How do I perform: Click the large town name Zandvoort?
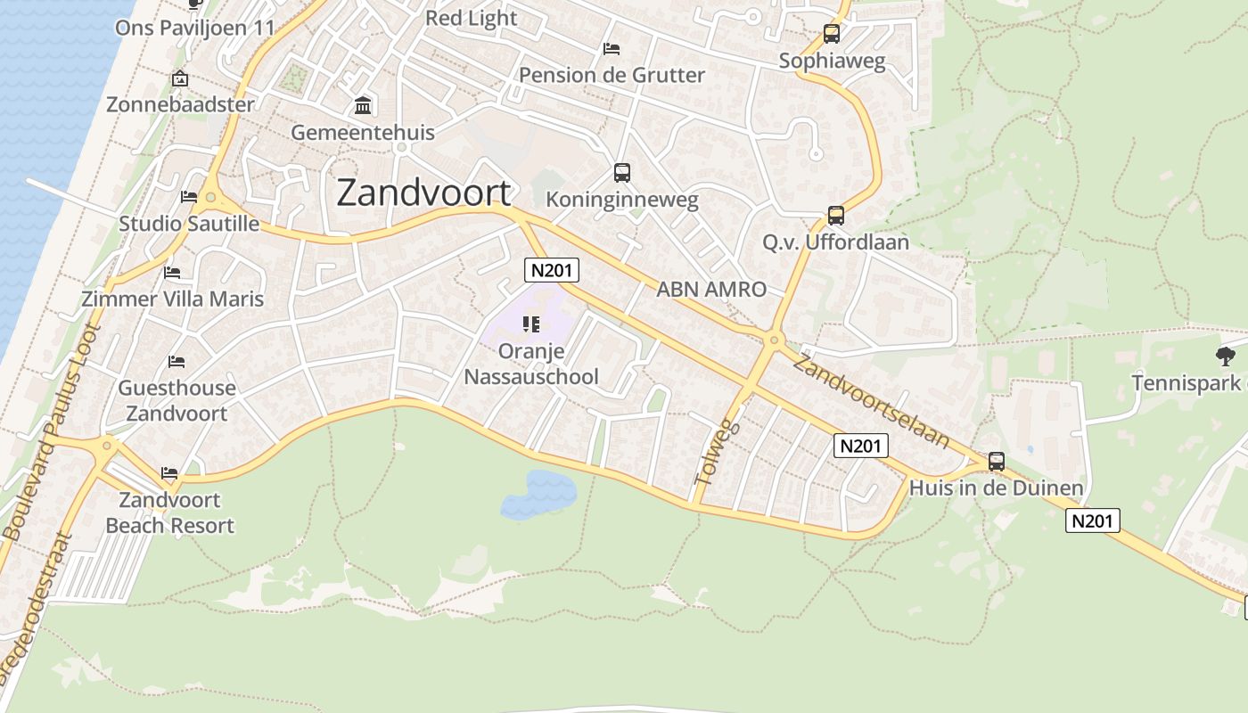coord(424,193)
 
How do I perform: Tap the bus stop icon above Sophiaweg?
coord(832,34)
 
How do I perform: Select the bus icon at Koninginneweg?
coord(622,173)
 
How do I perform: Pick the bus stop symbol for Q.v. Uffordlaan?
coord(835,216)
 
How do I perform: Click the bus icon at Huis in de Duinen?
coord(997,462)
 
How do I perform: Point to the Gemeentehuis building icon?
coord(363,106)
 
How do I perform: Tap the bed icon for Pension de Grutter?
coord(612,48)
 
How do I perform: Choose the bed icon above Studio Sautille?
coord(189,196)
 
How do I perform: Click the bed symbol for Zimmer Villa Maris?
coord(172,272)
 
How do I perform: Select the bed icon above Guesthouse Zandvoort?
coord(177,361)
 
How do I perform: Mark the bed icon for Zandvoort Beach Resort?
coord(169,472)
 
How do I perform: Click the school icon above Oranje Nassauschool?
coord(532,324)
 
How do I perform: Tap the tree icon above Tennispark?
coord(1226,356)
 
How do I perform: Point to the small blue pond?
coord(539,494)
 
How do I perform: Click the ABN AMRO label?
coord(711,289)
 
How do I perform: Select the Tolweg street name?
coord(717,453)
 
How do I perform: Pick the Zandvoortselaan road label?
coord(871,400)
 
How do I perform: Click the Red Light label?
coord(471,18)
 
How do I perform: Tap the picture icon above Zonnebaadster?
coord(180,78)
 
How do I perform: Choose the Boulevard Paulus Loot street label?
coord(53,432)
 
